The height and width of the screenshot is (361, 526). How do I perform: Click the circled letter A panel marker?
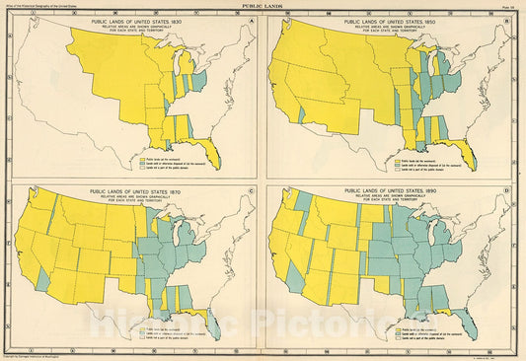(x=254, y=20)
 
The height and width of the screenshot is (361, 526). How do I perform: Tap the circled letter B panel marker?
(x=512, y=20)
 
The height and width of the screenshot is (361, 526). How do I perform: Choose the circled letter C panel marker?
(x=254, y=191)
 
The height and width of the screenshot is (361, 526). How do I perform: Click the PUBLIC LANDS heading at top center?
(x=263, y=5)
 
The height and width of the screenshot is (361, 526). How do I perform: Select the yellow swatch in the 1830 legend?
(x=139, y=157)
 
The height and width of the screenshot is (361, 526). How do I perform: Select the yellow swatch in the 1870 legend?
(x=139, y=327)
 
